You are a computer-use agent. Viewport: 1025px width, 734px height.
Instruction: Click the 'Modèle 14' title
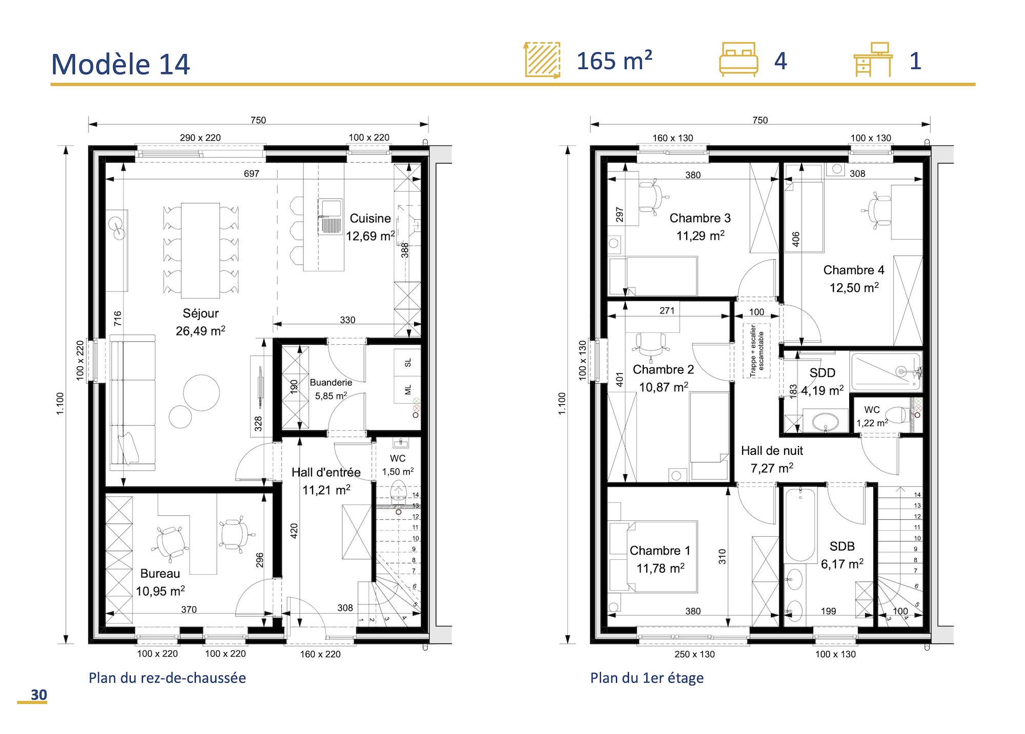tap(120, 65)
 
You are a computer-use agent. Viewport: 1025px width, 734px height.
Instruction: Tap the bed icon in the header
tap(738, 60)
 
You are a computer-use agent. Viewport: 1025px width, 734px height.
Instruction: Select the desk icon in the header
tap(873, 60)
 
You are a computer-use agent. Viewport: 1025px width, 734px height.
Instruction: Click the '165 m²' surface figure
tap(614, 61)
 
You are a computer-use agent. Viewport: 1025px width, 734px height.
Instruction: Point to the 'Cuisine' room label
tap(370, 219)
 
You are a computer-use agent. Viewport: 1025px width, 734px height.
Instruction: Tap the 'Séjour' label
tap(200, 313)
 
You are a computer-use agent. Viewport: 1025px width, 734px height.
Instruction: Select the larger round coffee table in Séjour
tap(201, 392)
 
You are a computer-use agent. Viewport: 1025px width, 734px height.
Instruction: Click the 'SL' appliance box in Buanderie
tap(408, 363)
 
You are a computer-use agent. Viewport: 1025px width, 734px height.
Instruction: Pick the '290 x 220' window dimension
tap(200, 138)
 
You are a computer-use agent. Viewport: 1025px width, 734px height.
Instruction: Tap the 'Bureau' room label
tap(160, 574)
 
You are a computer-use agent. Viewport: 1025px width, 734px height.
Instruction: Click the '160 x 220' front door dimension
tap(320, 654)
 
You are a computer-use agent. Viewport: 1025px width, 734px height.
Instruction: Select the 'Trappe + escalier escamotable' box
tap(756, 351)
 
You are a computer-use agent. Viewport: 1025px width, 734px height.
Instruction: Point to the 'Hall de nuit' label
tap(772, 451)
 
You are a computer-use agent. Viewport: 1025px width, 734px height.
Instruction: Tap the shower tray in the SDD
tap(886, 371)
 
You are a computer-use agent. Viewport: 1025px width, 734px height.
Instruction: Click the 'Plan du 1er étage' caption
tap(647, 678)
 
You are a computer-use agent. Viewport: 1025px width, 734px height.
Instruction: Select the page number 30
tap(38, 695)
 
